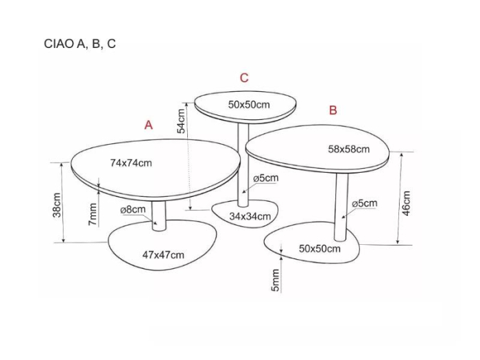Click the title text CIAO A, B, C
pos(80,44)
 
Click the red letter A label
pos(149,125)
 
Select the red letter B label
pos(333,110)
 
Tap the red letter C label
pos(244,78)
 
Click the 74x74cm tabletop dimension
pos(131,163)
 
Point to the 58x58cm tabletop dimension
pos(348,149)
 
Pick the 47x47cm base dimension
pos(163,254)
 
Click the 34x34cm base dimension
pos(250,217)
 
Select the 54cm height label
pos(181,121)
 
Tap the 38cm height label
pos(57,205)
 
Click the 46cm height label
pos(406,203)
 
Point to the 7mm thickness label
pos(93,214)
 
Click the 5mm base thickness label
pos(276,280)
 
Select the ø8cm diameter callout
pos(133,210)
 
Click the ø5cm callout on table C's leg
pos(266,178)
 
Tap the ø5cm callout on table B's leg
pos(365,203)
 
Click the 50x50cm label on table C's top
pos(249,105)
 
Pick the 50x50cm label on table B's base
pos(320,248)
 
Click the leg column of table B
pos(341,207)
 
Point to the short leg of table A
pos(158,215)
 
